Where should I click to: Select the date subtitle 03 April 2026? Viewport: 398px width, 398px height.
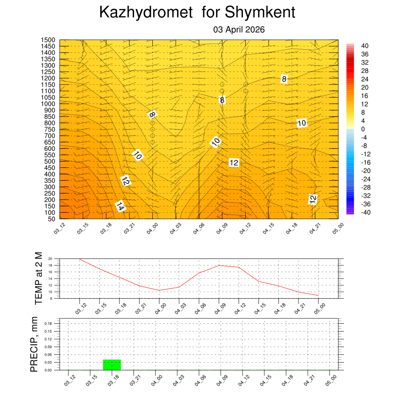tap(239, 30)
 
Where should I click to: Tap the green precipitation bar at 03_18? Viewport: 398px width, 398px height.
tap(112, 365)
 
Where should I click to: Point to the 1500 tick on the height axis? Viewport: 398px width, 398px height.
tap(48, 40)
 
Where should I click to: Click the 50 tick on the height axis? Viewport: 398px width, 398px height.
tap(51, 219)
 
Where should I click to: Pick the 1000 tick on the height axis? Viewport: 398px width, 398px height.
tap(48, 104)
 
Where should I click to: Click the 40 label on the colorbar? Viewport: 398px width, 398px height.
tap(365, 46)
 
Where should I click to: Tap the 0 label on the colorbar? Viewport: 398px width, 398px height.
tap(363, 129)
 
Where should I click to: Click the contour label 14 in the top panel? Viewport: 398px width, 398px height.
tap(120, 207)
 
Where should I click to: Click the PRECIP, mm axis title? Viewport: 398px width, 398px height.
tap(35, 344)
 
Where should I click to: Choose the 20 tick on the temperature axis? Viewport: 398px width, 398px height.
tap(50, 259)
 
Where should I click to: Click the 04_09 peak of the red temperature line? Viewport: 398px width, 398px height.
tap(219, 265)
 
